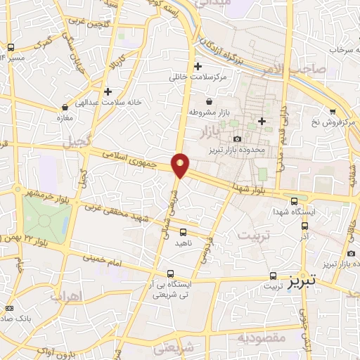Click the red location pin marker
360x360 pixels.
[x=181, y=165]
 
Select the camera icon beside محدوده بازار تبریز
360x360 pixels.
[x=237, y=139]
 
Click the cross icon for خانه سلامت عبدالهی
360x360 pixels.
[x=108, y=91]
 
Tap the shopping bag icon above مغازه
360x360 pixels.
[x=65, y=108]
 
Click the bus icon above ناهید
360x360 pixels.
[x=184, y=231]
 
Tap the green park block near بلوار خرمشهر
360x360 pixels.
[x=46, y=219]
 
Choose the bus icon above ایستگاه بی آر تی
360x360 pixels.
[x=169, y=274]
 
